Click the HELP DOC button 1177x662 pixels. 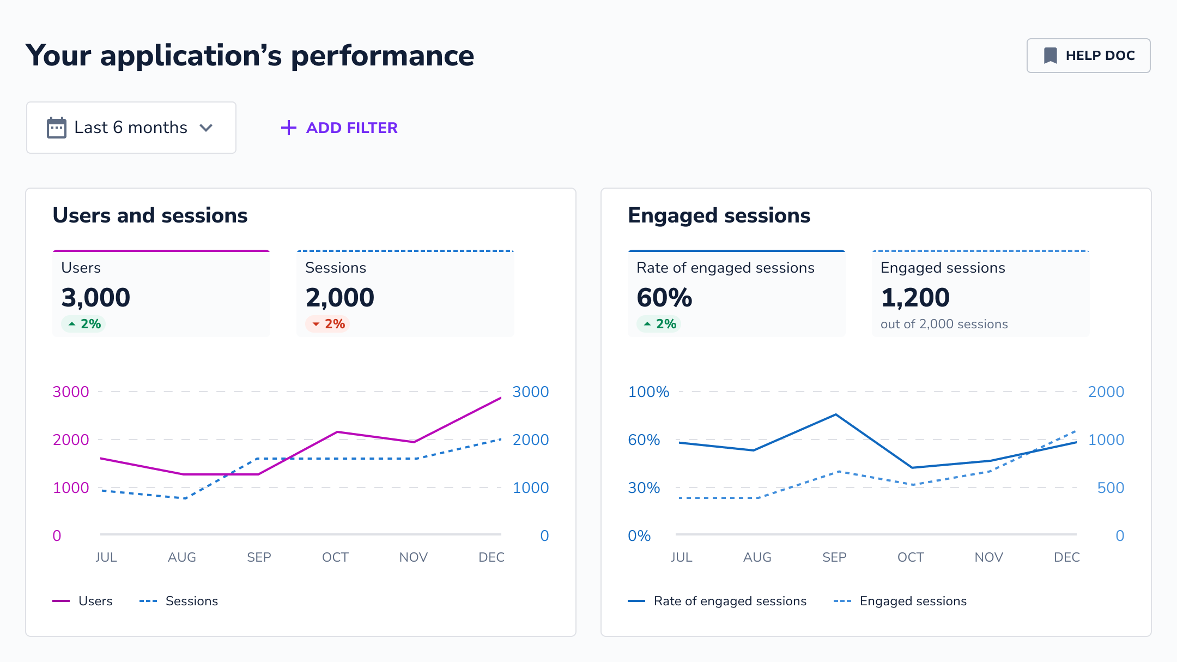coord(1088,56)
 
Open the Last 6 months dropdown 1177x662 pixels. coord(131,128)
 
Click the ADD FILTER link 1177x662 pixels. coord(339,128)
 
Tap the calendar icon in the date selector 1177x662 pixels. coord(57,128)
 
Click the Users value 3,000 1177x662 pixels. coord(96,298)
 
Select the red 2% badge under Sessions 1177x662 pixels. coord(327,324)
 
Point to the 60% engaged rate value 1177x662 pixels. coord(664,298)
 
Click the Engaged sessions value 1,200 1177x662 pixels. coord(915,298)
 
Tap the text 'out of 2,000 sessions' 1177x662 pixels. coord(944,324)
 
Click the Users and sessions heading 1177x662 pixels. coord(150,215)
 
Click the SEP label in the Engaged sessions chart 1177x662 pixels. coord(834,557)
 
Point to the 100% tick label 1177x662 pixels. coord(648,392)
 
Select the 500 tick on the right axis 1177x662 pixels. coord(1111,488)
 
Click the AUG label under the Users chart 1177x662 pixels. coord(182,557)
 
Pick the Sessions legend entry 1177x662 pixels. coord(179,601)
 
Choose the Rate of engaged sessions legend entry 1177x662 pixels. coord(717,601)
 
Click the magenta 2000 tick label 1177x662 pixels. coord(71,440)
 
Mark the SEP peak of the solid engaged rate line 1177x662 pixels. coord(836,414)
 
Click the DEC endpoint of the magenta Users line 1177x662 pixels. coord(501,398)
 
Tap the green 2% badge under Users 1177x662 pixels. coord(83,324)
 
